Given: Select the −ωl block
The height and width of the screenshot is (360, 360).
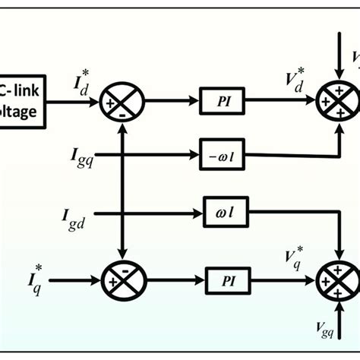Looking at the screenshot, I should click(x=219, y=156).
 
